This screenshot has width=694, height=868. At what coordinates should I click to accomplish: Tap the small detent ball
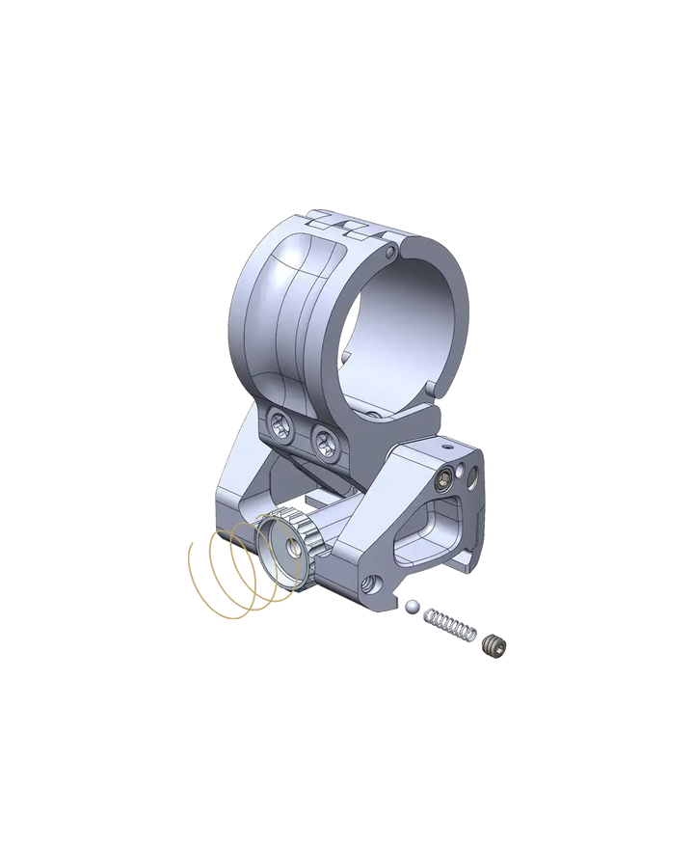pyautogui.click(x=412, y=606)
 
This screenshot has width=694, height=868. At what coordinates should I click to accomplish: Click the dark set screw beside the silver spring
pyautogui.click(x=494, y=643)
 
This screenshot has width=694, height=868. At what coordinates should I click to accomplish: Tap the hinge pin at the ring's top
pyautogui.click(x=388, y=253)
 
